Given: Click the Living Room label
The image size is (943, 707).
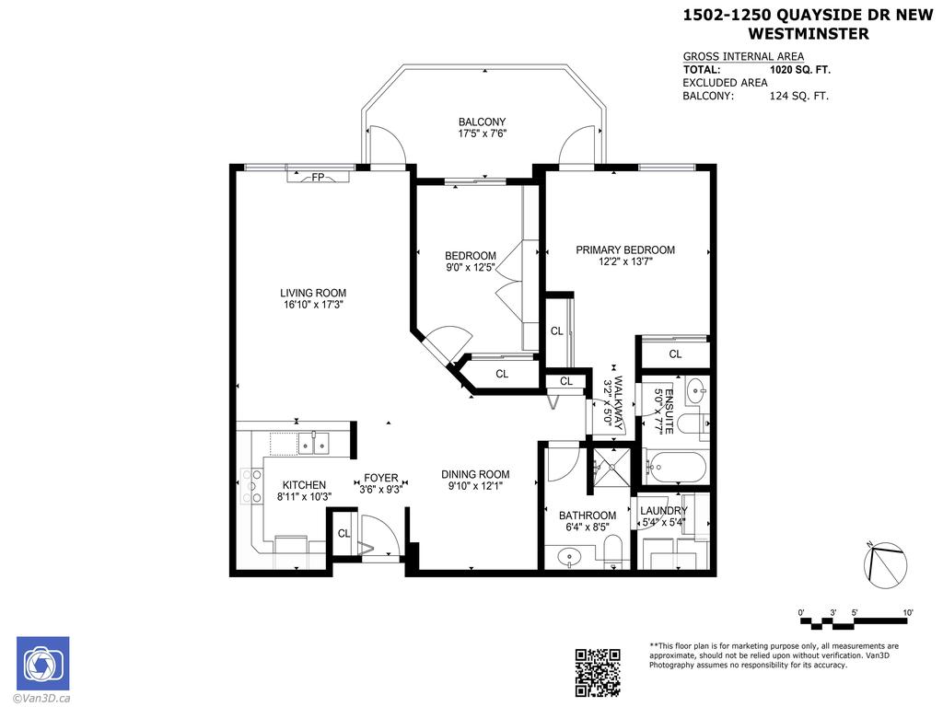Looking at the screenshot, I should [313, 294].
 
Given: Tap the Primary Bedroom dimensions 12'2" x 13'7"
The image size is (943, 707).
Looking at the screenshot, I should [625, 261].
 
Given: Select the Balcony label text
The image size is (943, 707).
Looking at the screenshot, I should [482, 122].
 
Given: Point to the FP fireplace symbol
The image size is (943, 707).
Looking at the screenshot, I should [317, 177].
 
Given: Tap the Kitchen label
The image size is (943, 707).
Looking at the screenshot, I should [304, 485].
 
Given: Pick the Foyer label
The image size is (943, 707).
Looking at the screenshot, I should [380, 478].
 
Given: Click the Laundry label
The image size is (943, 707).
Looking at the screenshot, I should [663, 511].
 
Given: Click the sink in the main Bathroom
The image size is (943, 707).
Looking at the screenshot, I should [567, 555].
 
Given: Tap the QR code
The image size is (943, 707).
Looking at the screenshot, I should [598, 672].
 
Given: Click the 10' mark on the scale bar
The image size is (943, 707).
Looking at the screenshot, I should [907, 613].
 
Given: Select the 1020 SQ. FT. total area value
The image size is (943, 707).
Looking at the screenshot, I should [800, 69].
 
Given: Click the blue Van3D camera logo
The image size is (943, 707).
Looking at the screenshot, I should [42, 663].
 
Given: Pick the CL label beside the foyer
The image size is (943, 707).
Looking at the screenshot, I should [343, 533].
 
